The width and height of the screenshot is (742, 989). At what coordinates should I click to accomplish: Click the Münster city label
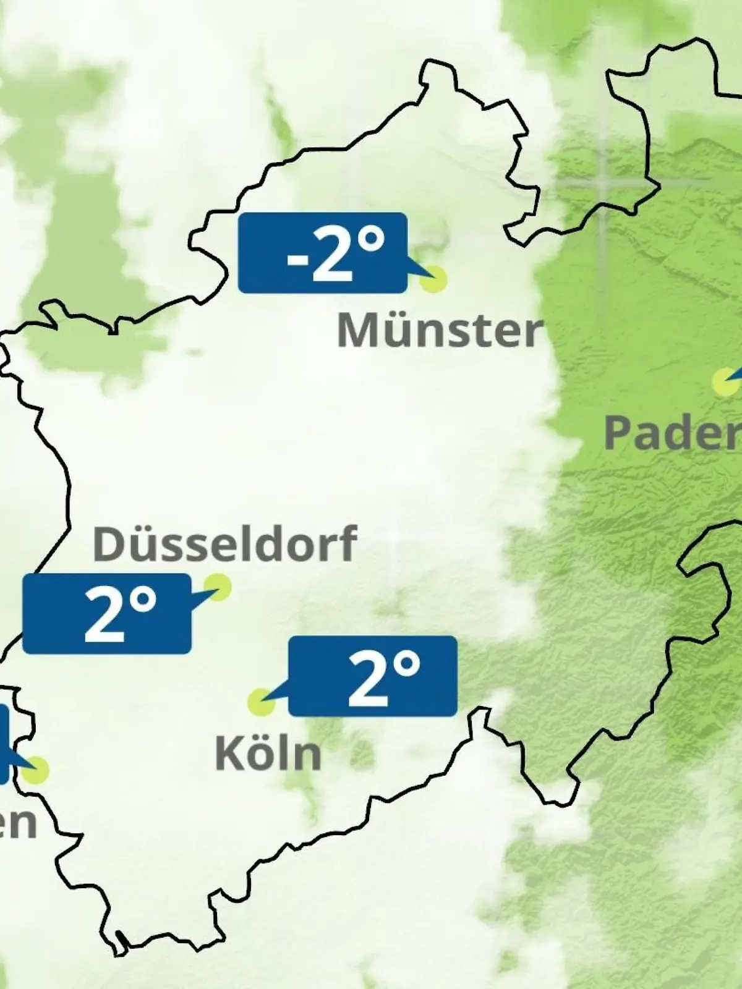(440, 331)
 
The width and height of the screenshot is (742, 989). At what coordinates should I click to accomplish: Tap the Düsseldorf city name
(224, 544)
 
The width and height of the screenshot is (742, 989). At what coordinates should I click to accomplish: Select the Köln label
(268, 753)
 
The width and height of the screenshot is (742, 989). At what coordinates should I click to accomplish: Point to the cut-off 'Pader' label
(673, 433)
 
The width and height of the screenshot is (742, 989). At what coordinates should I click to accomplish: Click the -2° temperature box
(322, 252)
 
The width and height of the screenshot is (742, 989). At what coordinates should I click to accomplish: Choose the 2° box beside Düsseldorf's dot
(106, 613)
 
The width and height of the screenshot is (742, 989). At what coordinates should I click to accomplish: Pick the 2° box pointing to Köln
(372, 676)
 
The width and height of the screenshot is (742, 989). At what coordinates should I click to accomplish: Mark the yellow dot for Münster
(433, 279)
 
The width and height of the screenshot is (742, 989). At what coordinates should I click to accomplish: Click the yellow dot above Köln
(261, 702)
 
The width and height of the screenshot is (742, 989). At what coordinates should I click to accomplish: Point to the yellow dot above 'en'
(36, 770)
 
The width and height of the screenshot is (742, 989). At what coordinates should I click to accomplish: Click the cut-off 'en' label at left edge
(17, 822)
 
